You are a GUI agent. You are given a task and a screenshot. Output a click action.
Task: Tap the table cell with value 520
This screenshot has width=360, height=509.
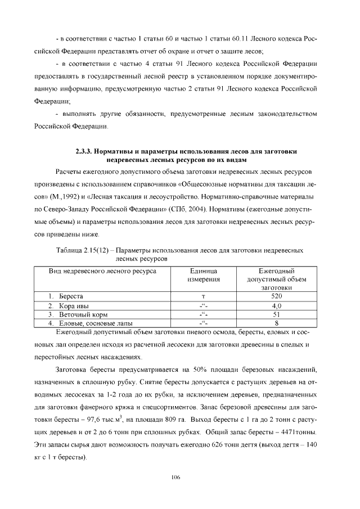(276, 296)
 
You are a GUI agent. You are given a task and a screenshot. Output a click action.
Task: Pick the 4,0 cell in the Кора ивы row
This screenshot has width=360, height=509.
(276, 305)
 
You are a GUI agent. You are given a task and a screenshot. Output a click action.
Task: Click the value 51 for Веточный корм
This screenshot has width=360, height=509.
(276, 314)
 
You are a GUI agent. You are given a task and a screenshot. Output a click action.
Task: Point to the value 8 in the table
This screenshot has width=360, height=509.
(276, 323)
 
